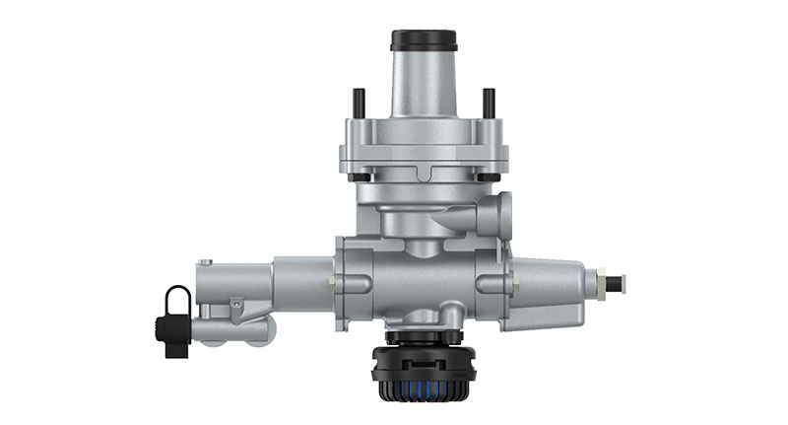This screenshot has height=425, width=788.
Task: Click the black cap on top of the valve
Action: [423, 40]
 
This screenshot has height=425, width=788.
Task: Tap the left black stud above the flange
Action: [360, 103]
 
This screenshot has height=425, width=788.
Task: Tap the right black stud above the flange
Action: [488, 103]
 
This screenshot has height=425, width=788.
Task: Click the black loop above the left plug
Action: [178, 297]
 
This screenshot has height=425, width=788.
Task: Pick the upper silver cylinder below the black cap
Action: [423, 84]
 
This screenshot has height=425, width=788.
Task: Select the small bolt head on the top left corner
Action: [204, 262]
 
